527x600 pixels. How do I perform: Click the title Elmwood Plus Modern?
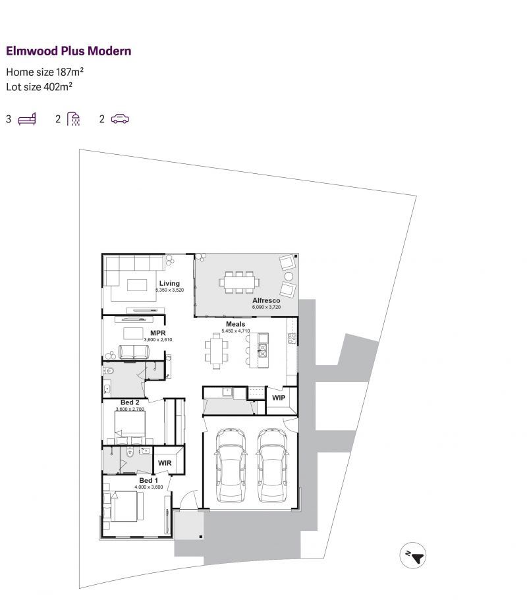[69, 51]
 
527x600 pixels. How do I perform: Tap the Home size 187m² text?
[45, 72]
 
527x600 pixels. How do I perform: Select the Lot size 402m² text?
[39, 86]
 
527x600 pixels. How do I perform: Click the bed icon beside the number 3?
[27, 119]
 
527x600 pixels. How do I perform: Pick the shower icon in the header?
[74, 119]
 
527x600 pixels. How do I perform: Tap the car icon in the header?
[120, 119]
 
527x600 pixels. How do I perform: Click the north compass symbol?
[412, 555]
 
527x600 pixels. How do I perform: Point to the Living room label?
[169, 283]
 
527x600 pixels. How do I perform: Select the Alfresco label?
[266, 300]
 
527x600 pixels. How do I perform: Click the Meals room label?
[235, 324]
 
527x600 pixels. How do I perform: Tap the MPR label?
[157, 333]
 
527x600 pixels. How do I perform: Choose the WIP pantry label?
[279, 398]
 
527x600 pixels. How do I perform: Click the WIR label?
[165, 463]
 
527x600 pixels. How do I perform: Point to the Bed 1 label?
[148, 480]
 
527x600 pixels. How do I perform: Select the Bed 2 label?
[130, 402]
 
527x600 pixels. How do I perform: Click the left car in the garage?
[231, 465]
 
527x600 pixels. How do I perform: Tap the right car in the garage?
[272, 465]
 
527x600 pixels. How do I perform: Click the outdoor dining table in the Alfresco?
[239, 283]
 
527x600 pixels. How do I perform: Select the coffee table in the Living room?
[137, 285]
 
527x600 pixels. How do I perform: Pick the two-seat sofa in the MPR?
[134, 352]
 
